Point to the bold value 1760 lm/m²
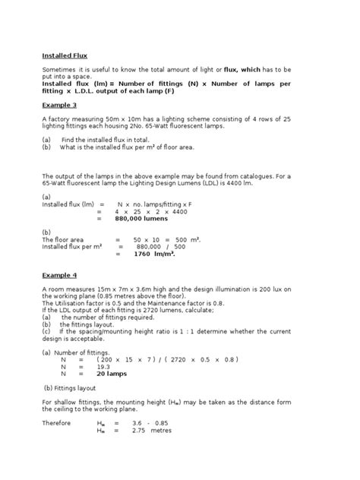coord(155,255)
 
